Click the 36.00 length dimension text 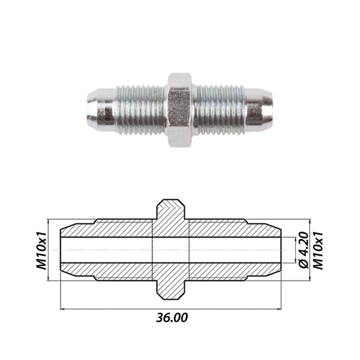coord(172,317)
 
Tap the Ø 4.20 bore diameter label coord(304,250)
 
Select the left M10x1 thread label coord(41,250)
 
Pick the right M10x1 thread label coord(318,250)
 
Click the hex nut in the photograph coord(179,110)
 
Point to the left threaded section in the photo coord(141,110)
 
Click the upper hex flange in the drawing coord(170,209)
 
